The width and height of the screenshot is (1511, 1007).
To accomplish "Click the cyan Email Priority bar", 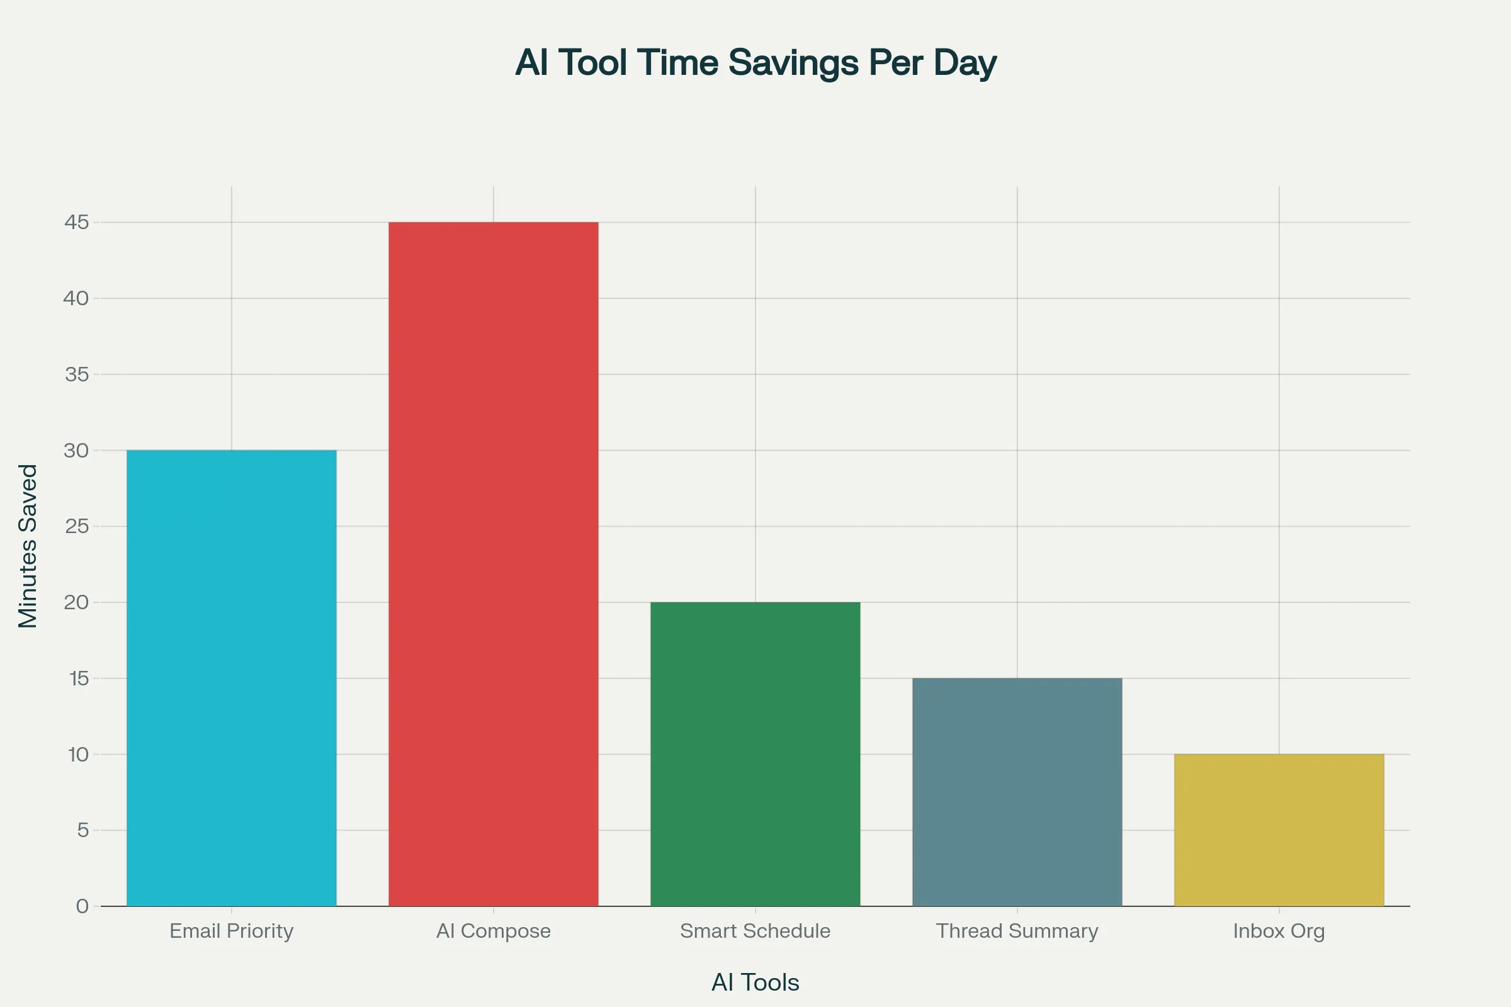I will pyautogui.click(x=231, y=678).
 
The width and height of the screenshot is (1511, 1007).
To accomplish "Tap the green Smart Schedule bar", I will pyautogui.click(x=755, y=754).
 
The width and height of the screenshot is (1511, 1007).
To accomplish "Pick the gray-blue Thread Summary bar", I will pyautogui.click(x=1017, y=792).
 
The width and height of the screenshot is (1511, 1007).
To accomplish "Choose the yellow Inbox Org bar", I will pyautogui.click(x=1279, y=830).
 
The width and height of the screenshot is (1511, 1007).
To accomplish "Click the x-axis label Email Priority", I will pyautogui.click(x=231, y=931).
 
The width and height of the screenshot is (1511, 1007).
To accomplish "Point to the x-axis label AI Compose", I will pyautogui.click(x=494, y=931).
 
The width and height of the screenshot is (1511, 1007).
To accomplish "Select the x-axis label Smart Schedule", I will pyautogui.click(x=755, y=931).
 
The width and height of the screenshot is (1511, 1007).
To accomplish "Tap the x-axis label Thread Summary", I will pyautogui.click(x=1017, y=931).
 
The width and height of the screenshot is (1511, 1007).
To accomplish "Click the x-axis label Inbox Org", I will pyautogui.click(x=1279, y=931).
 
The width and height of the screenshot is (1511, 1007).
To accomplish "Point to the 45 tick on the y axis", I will pyautogui.click(x=76, y=222).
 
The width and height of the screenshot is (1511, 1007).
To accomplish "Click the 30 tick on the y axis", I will pyautogui.click(x=76, y=450).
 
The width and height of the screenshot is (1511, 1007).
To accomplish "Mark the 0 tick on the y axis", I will pyautogui.click(x=82, y=906).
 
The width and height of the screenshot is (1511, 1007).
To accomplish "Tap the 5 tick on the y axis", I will pyautogui.click(x=83, y=830).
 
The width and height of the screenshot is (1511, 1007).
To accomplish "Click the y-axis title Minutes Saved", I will pyautogui.click(x=28, y=546).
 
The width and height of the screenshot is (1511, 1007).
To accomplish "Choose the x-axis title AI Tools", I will pyautogui.click(x=755, y=982).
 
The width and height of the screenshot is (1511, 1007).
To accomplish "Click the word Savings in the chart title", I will pyautogui.click(x=793, y=63).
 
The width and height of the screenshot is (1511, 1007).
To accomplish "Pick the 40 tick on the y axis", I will pyautogui.click(x=76, y=298).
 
